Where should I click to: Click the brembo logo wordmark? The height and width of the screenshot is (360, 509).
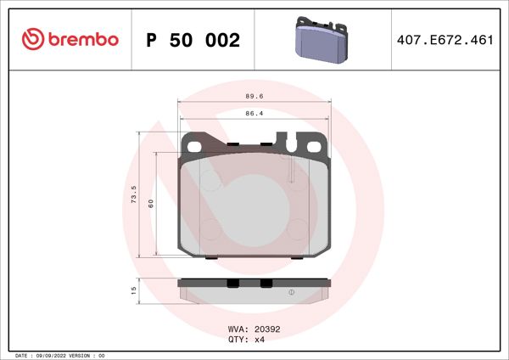[83, 39]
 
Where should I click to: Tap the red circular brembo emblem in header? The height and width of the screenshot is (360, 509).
[32, 39]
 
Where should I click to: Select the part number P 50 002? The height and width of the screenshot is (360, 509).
[193, 40]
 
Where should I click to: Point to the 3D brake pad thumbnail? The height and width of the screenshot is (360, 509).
[321, 39]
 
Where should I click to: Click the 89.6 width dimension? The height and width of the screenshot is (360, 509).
[254, 96]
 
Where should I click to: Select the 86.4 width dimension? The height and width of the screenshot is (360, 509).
[254, 112]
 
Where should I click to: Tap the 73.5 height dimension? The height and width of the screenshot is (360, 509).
[132, 196]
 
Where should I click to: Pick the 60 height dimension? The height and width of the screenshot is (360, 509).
[150, 203]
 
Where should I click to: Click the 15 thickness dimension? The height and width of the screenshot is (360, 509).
[133, 290]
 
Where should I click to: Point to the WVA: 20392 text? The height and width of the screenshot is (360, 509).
[254, 328]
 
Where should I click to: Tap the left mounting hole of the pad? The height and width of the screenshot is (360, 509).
[194, 145]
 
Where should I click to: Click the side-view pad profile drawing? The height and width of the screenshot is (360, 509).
[255, 291]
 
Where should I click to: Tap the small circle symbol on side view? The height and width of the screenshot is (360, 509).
[292, 293]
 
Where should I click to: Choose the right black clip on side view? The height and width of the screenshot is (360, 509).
[266, 284]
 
